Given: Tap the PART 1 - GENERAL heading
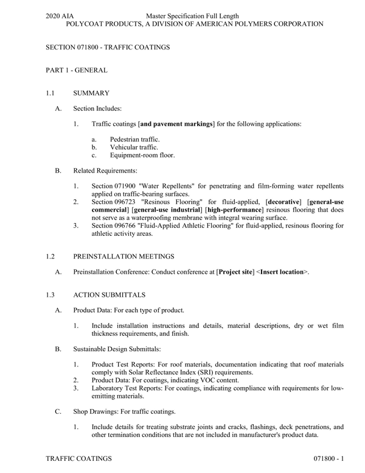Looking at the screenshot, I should pyautogui.click(x=77, y=70).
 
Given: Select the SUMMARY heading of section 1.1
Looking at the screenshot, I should pyautogui.click(x=91, y=93).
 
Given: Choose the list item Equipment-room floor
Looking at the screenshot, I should pyautogui.click(x=142, y=155).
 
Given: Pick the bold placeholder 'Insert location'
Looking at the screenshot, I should pyautogui.click(x=280, y=272).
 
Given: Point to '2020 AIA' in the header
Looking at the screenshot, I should pyautogui.click(x=60, y=15).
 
